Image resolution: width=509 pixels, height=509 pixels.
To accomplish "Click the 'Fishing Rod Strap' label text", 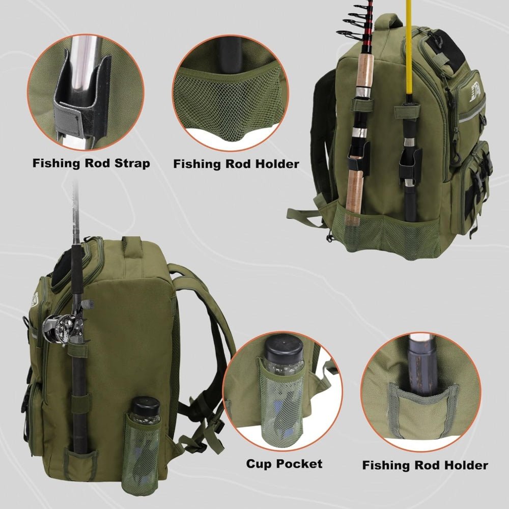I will coord(91,163).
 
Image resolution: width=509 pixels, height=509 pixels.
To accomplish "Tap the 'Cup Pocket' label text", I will coord(285,463).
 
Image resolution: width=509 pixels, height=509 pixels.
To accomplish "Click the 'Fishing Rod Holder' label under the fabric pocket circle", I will coord(425,465).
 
